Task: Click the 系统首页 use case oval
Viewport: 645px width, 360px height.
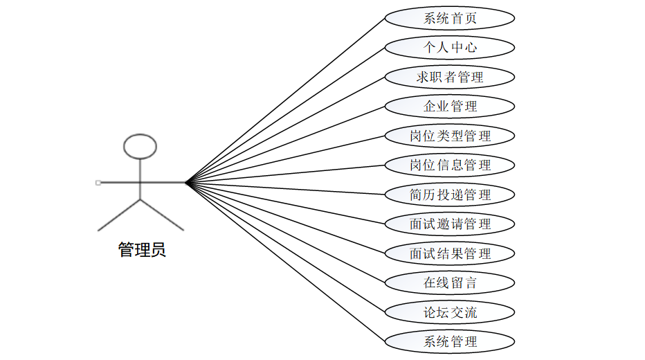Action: pyautogui.click(x=450, y=19)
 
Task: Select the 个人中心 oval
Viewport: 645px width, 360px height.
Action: pyautogui.click(x=450, y=48)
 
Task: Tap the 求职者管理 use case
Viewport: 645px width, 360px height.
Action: pyautogui.click(x=450, y=77)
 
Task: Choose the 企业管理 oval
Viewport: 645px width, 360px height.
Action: pyautogui.click(x=450, y=107)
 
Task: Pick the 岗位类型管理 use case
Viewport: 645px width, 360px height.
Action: pyautogui.click(x=450, y=136)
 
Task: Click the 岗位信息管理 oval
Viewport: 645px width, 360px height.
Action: pyautogui.click(x=450, y=165)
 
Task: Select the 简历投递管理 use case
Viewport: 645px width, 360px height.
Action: pyautogui.click(x=450, y=195)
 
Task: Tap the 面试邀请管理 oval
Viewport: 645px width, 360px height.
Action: pyautogui.click(x=450, y=224)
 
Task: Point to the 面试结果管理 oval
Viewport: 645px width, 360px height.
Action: pyautogui.click(x=450, y=253)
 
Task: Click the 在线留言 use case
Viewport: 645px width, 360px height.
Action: pyautogui.click(x=450, y=282)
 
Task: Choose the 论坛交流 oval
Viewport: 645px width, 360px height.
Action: pyautogui.click(x=450, y=312)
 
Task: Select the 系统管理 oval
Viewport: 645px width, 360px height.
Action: pyautogui.click(x=450, y=341)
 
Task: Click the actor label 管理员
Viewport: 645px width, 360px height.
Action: pyautogui.click(x=142, y=250)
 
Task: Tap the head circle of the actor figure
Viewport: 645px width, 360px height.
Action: pyautogui.click(x=140, y=146)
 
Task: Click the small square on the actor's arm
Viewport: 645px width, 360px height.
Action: pyautogui.click(x=98, y=183)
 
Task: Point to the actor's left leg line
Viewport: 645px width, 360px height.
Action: pyautogui.click(x=119, y=215)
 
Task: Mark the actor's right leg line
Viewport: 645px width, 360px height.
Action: pyautogui.click(x=163, y=215)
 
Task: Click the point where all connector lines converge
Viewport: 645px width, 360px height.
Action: pyautogui.click(x=186, y=183)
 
